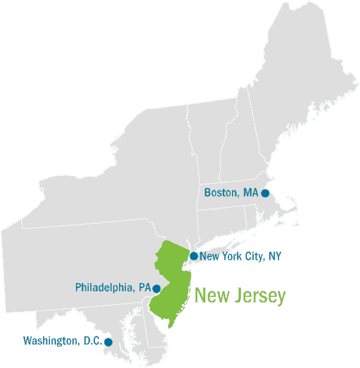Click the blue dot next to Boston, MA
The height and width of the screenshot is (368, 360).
click(265, 193)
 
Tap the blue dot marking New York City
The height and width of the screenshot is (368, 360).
click(194, 256)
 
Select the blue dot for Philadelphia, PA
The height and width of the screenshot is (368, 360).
click(156, 289)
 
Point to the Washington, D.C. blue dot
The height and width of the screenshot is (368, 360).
click(108, 341)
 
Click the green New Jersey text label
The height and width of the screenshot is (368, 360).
click(240, 296)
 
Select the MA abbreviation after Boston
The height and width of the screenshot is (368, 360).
click(250, 193)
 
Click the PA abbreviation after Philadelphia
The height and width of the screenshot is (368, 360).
click(144, 288)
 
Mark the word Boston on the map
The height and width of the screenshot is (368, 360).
click(221, 193)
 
